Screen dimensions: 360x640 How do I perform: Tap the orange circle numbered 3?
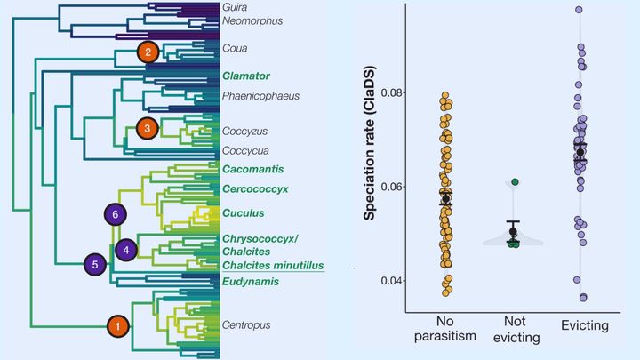[150, 129]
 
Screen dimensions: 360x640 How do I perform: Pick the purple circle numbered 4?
[127, 250]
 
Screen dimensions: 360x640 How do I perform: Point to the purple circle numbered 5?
[96, 264]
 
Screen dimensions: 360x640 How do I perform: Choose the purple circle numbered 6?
[116, 214]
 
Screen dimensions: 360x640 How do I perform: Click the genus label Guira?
[235, 7]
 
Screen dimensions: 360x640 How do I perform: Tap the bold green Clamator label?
[246, 76]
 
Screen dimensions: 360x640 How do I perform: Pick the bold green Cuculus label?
[244, 213]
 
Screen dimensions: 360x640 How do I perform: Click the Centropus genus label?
[246, 324]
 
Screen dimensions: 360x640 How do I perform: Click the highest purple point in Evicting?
[579, 10]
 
